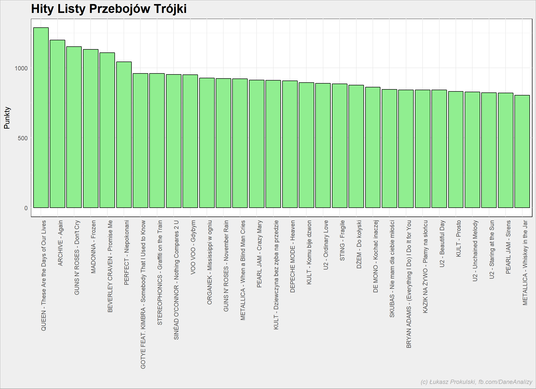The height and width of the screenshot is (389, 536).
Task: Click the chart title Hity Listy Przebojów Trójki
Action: (x=109, y=9)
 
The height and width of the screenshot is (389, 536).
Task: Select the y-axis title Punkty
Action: (x=7, y=118)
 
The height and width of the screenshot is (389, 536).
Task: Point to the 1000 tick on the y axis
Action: (x=21, y=68)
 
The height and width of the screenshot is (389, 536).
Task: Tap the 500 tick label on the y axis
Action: (x=23, y=138)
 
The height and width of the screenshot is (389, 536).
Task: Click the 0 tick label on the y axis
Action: (x=26, y=208)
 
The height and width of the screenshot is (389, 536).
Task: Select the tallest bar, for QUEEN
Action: (x=41, y=118)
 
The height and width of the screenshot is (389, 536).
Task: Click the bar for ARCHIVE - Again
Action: (x=57, y=124)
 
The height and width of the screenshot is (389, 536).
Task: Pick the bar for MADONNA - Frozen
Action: (x=91, y=128)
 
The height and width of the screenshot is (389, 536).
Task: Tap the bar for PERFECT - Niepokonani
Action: (x=124, y=135)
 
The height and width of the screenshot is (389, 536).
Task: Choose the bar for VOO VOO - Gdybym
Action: (x=190, y=141)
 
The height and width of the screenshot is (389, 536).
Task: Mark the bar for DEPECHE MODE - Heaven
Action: (x=290, y=144)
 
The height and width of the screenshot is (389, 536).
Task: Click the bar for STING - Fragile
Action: (x=340, y=146)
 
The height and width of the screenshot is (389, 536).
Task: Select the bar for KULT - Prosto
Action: (x=456, y=149)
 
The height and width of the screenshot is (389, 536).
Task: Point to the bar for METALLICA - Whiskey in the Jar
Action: (x=522, y=151)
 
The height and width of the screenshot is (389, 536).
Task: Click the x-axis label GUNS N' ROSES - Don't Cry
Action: (x=77, y=258)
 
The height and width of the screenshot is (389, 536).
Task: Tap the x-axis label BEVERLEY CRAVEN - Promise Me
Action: (x=110, y=266)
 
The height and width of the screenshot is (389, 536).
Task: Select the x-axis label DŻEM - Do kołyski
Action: (x=359, y=244)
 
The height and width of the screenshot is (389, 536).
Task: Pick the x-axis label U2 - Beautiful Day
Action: (x=442, y=244)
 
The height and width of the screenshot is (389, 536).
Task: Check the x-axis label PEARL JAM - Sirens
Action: (x=508, y=247)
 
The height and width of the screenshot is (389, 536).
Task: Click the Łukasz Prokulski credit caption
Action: (x=476, y=382)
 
